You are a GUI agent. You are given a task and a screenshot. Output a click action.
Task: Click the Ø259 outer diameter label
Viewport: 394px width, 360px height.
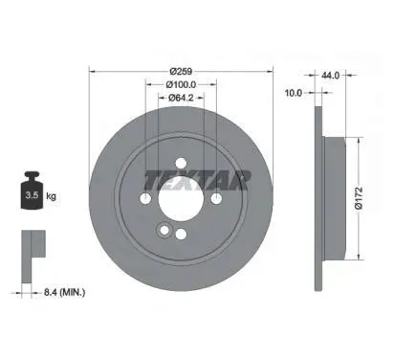181,71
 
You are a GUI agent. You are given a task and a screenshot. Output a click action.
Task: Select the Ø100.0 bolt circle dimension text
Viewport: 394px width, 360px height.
181,84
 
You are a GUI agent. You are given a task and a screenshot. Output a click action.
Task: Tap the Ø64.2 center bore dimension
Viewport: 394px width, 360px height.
181,97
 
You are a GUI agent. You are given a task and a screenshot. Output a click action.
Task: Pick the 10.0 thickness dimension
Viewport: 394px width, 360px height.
294,93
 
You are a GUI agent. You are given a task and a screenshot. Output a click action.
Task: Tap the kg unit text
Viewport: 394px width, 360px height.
50,195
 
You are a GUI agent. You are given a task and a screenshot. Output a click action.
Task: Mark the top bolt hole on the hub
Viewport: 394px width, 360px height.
181,164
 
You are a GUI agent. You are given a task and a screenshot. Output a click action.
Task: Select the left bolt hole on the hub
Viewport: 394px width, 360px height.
145,199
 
